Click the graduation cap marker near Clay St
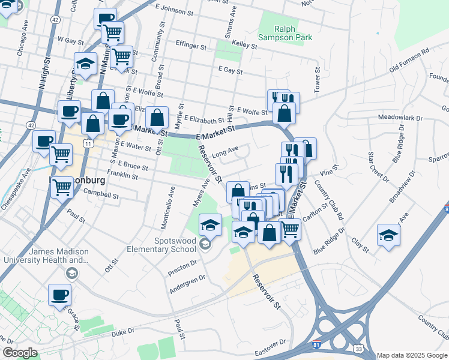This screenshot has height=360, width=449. [x=388, y=234]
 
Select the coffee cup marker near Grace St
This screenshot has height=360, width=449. [x=60, y=295]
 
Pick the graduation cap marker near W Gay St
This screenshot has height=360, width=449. [x=86, y=63]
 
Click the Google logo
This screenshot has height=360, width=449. [x=20, y=353]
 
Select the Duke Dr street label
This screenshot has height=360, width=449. [x=121, y=331]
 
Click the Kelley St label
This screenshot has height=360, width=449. [x=244, y=44]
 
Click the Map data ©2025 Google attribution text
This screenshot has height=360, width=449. [x=412, y=355]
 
